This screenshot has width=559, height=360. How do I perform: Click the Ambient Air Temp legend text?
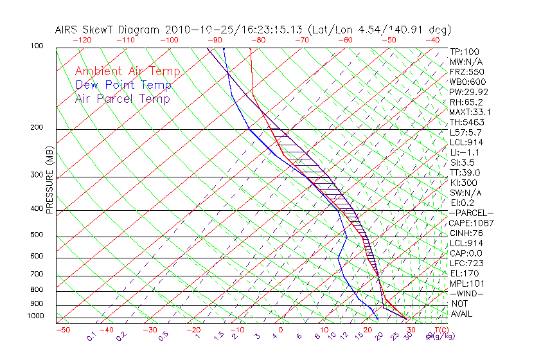point(127,71)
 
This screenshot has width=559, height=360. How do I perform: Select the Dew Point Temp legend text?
point(123,85)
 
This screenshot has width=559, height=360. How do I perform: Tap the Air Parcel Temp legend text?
point(122,98)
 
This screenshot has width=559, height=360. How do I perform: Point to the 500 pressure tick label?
point(37,235)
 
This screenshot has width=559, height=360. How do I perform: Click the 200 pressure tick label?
point(37,128)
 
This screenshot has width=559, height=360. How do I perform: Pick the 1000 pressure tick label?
point(35,316)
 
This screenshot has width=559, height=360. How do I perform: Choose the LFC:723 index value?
point(466,263)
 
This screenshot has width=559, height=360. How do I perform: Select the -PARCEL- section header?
point(471,213)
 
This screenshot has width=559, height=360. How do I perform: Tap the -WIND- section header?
point(467,293)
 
